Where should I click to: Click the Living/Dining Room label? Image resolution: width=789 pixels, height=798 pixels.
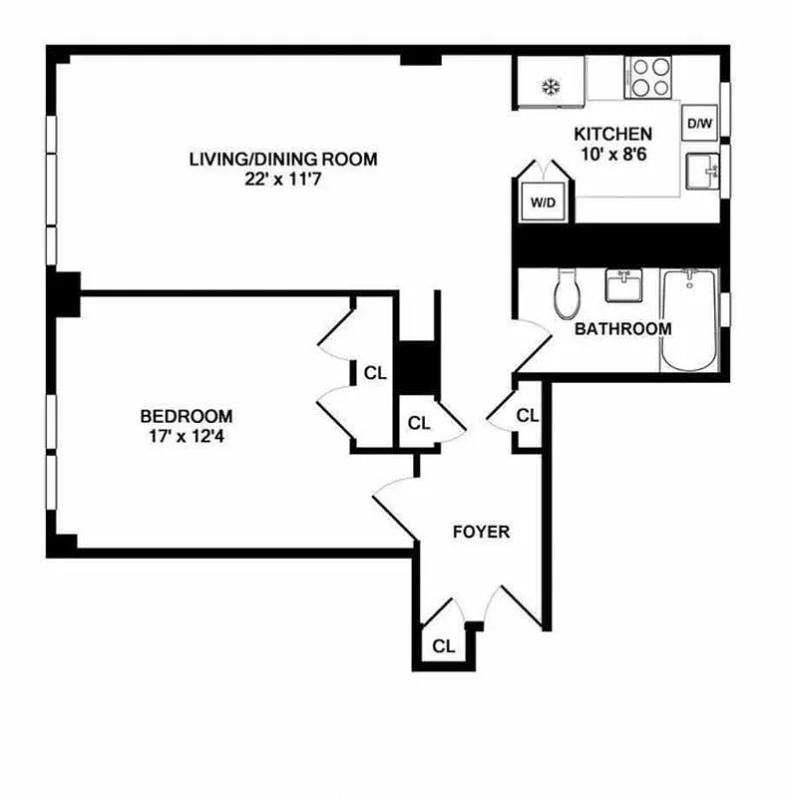pos(284,159)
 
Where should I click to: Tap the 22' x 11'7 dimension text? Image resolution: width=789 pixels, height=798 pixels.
pos(284,180)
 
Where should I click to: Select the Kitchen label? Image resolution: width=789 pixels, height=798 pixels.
pos(612,134)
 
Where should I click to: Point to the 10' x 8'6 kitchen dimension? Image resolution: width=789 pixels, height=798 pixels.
pos(612,155)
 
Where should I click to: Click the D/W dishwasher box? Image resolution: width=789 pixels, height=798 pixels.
pos(699,124)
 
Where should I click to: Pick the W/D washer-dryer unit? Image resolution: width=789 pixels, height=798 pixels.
pos(543,202)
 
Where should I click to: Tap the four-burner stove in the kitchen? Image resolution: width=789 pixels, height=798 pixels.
pos(649,78)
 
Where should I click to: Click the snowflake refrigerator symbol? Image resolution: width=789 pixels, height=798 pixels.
pos(549,88)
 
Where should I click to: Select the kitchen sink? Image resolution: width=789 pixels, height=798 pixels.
pos(702,172)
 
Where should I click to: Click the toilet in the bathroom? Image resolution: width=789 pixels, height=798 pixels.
pos(566,292)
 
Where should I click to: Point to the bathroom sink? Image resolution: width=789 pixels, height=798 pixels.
pos(624,287)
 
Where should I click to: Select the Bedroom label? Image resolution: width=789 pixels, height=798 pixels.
pos(187,416)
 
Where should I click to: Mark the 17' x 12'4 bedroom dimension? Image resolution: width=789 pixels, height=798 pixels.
pos(187,436)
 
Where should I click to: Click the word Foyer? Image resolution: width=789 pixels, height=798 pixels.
pos(482,532)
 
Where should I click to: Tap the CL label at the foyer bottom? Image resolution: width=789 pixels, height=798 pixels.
pos(444,646)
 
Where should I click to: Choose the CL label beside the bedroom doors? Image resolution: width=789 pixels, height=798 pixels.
pos(375,374)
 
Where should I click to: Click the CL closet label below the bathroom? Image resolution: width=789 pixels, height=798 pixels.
pos(528,415)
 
